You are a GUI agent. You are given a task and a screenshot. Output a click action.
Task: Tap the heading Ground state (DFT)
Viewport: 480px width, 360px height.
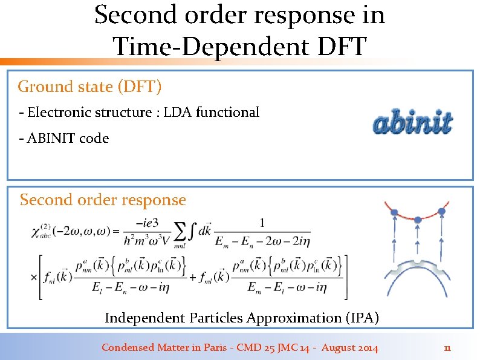(89, 87)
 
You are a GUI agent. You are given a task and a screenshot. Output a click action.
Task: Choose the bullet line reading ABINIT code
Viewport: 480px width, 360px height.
(64, 138)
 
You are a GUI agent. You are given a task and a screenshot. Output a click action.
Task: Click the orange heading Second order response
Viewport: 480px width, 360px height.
(103, 200)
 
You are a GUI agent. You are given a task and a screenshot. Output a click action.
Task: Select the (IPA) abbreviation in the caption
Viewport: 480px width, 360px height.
(360, 318)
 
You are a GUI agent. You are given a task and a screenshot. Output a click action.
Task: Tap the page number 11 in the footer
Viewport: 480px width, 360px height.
(447, 348)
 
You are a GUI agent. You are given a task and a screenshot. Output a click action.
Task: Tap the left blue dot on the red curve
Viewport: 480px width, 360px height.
(394, 212)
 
